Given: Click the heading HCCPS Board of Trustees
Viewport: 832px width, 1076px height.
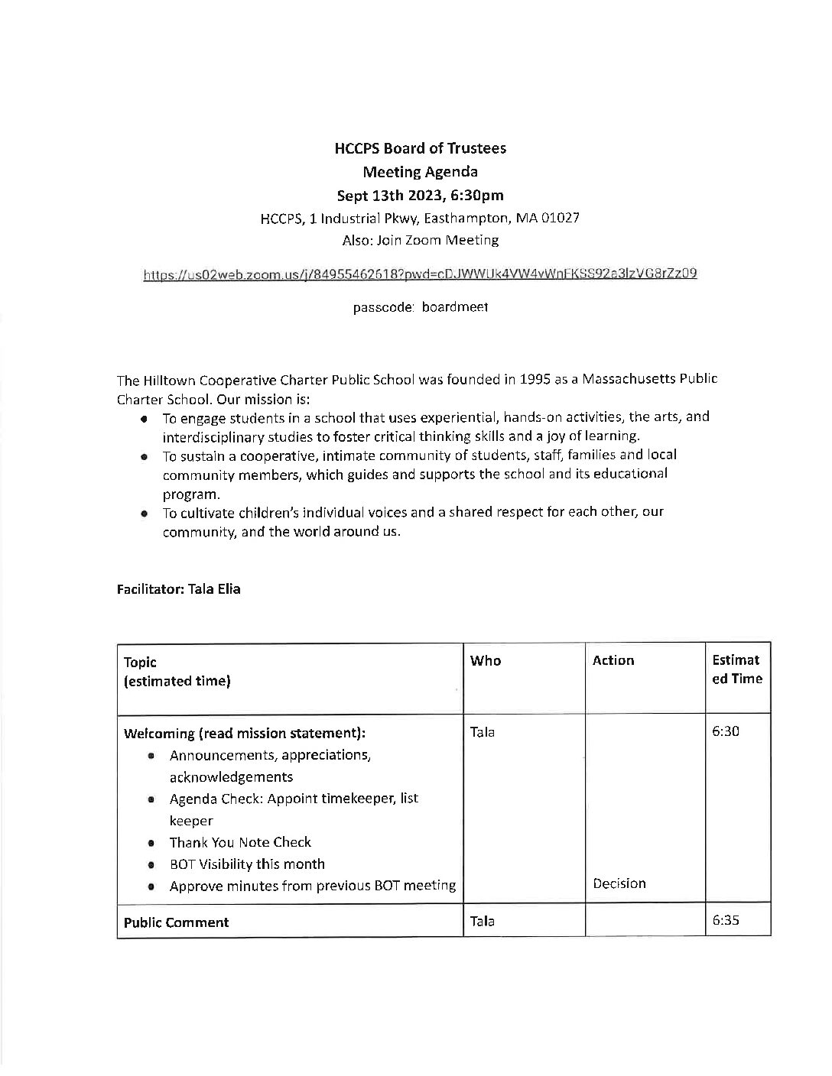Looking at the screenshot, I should click(420, 148).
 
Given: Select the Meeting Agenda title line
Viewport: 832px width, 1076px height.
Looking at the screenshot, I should click(420, 172).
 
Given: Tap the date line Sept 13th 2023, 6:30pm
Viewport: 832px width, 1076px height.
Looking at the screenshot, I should click(420, 195).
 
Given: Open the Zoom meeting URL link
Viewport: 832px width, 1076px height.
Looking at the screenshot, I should click(420, 273).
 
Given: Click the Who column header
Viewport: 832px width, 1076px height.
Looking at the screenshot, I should click(486, 660).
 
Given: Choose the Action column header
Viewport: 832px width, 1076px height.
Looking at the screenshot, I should click(613, 660).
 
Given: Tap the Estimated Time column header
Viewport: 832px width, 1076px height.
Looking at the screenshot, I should click(736, 669).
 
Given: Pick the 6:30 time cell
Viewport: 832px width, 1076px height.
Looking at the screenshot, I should click(726, 731).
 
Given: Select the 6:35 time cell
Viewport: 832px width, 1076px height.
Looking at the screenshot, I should click(726, 921).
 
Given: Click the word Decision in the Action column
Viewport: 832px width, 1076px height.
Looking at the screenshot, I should click(619, 883).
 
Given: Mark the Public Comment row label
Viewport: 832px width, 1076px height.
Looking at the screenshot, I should click(177, 922).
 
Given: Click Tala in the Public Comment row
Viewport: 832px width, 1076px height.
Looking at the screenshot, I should click(483, 921).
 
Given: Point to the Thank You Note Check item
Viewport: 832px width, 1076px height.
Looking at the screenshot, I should click(240, 842).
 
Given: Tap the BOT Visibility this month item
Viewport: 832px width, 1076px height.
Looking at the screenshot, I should click(247, 864).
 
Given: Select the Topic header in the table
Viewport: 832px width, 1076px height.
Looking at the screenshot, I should click(140, 663).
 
